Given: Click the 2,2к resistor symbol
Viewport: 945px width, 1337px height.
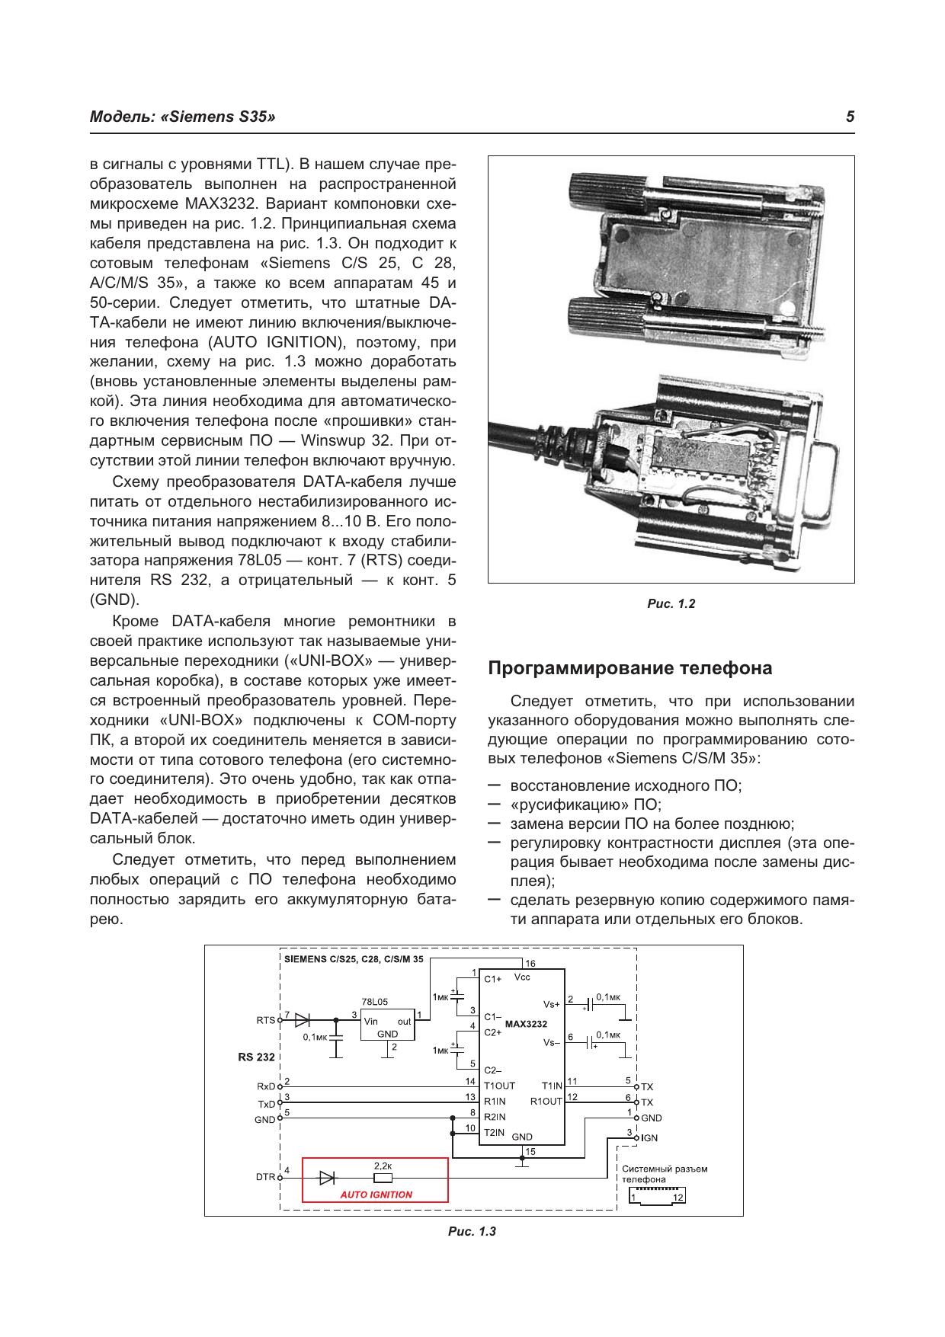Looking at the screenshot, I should pos(383,1177).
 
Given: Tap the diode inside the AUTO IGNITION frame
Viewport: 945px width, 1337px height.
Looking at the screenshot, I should pos(327,1177).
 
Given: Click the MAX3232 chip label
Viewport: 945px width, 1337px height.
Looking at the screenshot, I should pos(526,1024).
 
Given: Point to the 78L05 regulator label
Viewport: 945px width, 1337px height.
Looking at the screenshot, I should pos(374,1002).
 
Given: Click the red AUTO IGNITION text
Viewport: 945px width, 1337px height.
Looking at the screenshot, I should pos(376,1195).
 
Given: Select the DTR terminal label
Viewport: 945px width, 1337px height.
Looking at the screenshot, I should pos(265,1177).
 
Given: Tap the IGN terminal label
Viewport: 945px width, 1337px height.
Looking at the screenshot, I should pos(649,1138).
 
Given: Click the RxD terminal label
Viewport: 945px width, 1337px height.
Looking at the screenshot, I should pos(265,1086).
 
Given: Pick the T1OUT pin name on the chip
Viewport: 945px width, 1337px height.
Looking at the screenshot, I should pos(499,1086).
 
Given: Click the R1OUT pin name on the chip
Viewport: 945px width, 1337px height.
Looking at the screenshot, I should pos(546,1102).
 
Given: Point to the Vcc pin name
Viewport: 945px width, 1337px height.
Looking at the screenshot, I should pos(522,977).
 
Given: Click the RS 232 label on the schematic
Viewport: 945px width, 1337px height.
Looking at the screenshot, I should pos(256,1057).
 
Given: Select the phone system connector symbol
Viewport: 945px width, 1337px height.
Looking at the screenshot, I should pos(657,1197).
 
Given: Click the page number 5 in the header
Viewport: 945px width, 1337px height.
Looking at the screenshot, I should pos(850,117).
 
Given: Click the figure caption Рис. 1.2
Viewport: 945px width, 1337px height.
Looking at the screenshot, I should pos(671,604).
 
